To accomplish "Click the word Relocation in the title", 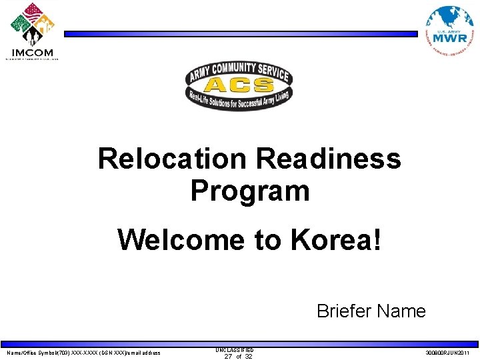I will [x=172, y=159].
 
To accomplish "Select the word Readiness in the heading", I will [x=328, y=159].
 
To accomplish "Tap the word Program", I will [x=250, y=191].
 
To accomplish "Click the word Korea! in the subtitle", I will [x=337, y=240].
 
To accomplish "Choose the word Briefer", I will [x=344, y=311].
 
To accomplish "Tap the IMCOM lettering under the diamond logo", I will [x=33, y=53].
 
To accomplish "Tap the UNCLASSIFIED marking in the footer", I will [x=234, y=349].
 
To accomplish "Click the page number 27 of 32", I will [x=238, y=357].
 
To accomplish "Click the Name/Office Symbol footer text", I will [x=83, y=353].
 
